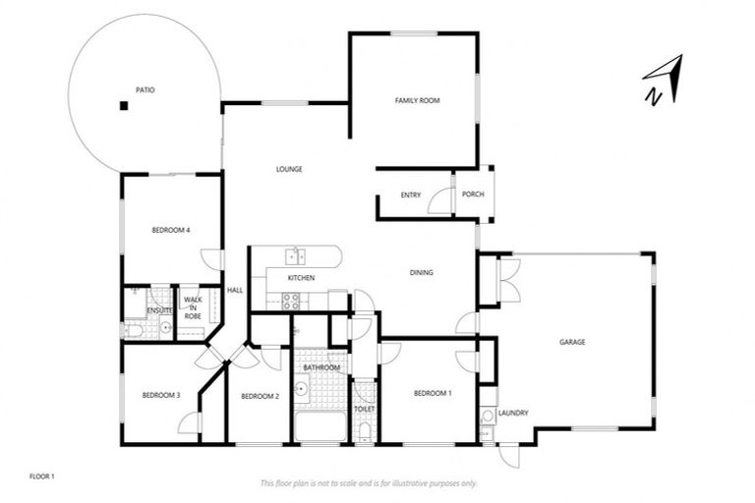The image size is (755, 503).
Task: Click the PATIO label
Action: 145,89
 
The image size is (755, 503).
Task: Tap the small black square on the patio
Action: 124,106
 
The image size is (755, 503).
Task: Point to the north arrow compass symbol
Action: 662,81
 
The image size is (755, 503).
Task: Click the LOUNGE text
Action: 288,169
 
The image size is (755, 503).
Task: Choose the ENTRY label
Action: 411,196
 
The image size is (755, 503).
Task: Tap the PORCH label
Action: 473,196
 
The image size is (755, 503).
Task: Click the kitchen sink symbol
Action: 295,257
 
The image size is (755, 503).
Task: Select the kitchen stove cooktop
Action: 292,302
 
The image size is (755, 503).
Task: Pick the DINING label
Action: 422,273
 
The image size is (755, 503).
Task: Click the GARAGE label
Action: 572,342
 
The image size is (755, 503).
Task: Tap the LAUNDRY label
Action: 513,414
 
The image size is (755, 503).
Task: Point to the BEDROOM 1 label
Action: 433,393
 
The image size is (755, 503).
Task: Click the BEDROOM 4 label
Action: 170,230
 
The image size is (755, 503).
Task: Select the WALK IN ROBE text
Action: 193,307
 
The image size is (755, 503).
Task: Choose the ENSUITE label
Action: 159,310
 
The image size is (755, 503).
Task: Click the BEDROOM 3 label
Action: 160,395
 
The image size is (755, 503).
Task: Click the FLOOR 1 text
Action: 42,476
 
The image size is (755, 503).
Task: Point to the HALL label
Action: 235,290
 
